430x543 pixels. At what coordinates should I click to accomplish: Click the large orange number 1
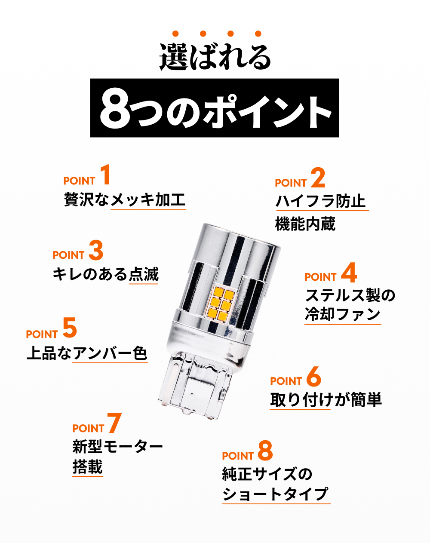(x=105, y=175)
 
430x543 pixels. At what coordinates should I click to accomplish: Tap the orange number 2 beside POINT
(x=318, y=178)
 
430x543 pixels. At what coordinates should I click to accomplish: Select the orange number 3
(x=96, y=250)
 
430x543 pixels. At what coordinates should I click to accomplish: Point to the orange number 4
(x=349, y=273)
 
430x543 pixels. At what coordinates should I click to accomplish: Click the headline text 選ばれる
(x=215, y=56)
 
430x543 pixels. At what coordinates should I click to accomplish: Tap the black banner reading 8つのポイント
(x=215, y=108)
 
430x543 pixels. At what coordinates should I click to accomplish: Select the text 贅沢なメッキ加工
(x=125, y=199)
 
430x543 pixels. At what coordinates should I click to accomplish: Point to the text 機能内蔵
(x=305, y=224)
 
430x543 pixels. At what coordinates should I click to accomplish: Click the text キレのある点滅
(x=105, y=274)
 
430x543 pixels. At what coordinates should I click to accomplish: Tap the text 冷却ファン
(x=343, y=314)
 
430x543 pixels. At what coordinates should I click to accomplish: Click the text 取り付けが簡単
(x=326, y=400)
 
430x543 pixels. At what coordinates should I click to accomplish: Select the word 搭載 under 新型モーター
(x=88, y=466)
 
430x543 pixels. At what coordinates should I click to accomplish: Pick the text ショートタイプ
(x=276, y=494)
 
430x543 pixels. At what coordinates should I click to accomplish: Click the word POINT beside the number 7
(x=88, y=429)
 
